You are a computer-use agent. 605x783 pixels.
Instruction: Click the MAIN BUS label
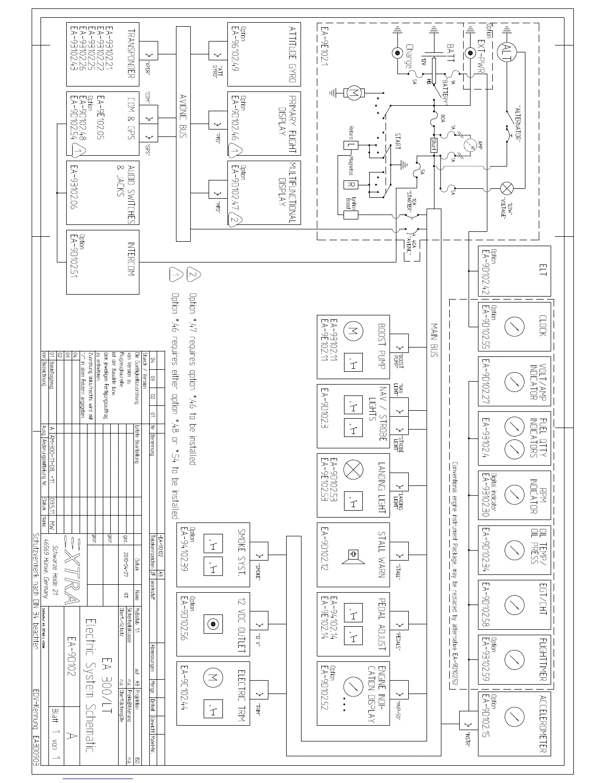(434, 341)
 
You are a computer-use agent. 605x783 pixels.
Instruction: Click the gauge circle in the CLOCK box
(515, 326)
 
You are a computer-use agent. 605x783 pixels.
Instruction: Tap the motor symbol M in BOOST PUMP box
(355, 331)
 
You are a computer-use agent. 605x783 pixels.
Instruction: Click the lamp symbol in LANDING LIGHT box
(355, 470)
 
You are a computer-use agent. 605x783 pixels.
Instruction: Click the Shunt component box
(434, 145)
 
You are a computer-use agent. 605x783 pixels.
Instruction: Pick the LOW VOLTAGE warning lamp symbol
(507, 188)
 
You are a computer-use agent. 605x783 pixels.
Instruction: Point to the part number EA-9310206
(75, 188)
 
